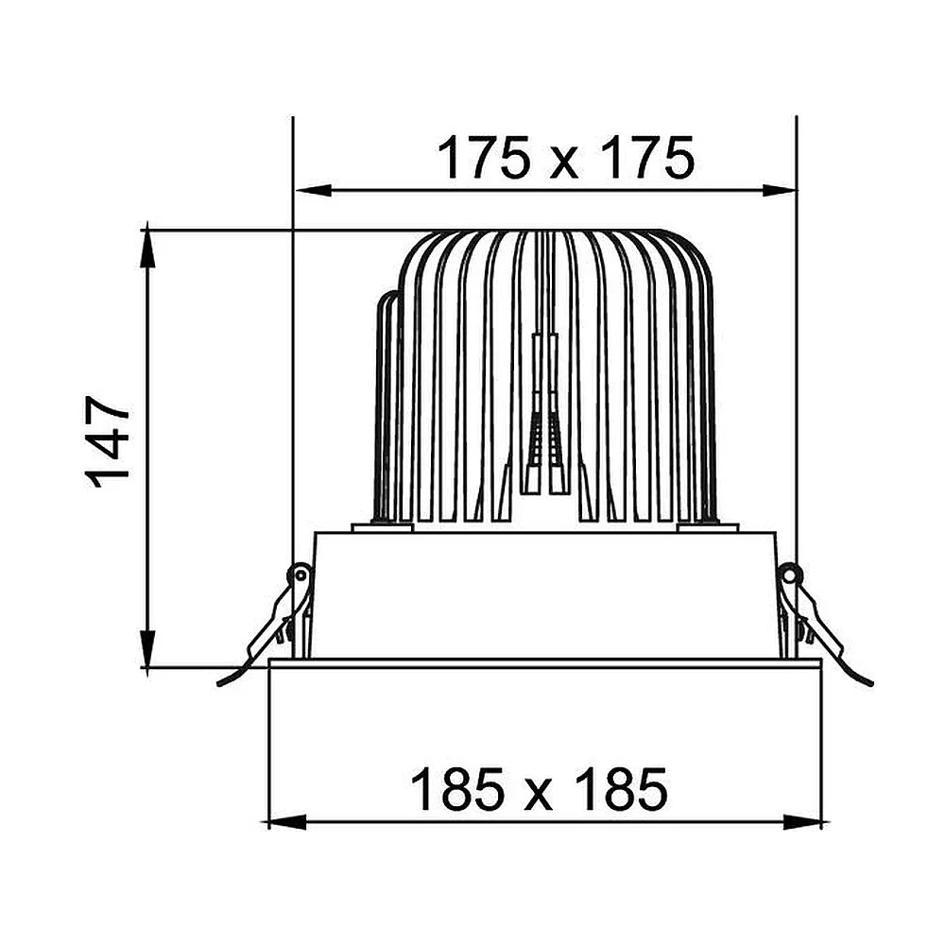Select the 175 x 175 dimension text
(x=565, y=158)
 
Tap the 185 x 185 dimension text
(x=539, y=789)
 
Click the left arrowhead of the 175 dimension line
(x=314, y=191)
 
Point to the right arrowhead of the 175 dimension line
(x=779, y=191)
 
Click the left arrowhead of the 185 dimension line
(x=287, y=822)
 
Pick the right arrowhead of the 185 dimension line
(x=802, y=822)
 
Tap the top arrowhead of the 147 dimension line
(x=147, y=249)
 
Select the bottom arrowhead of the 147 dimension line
(x=147, y=648)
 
